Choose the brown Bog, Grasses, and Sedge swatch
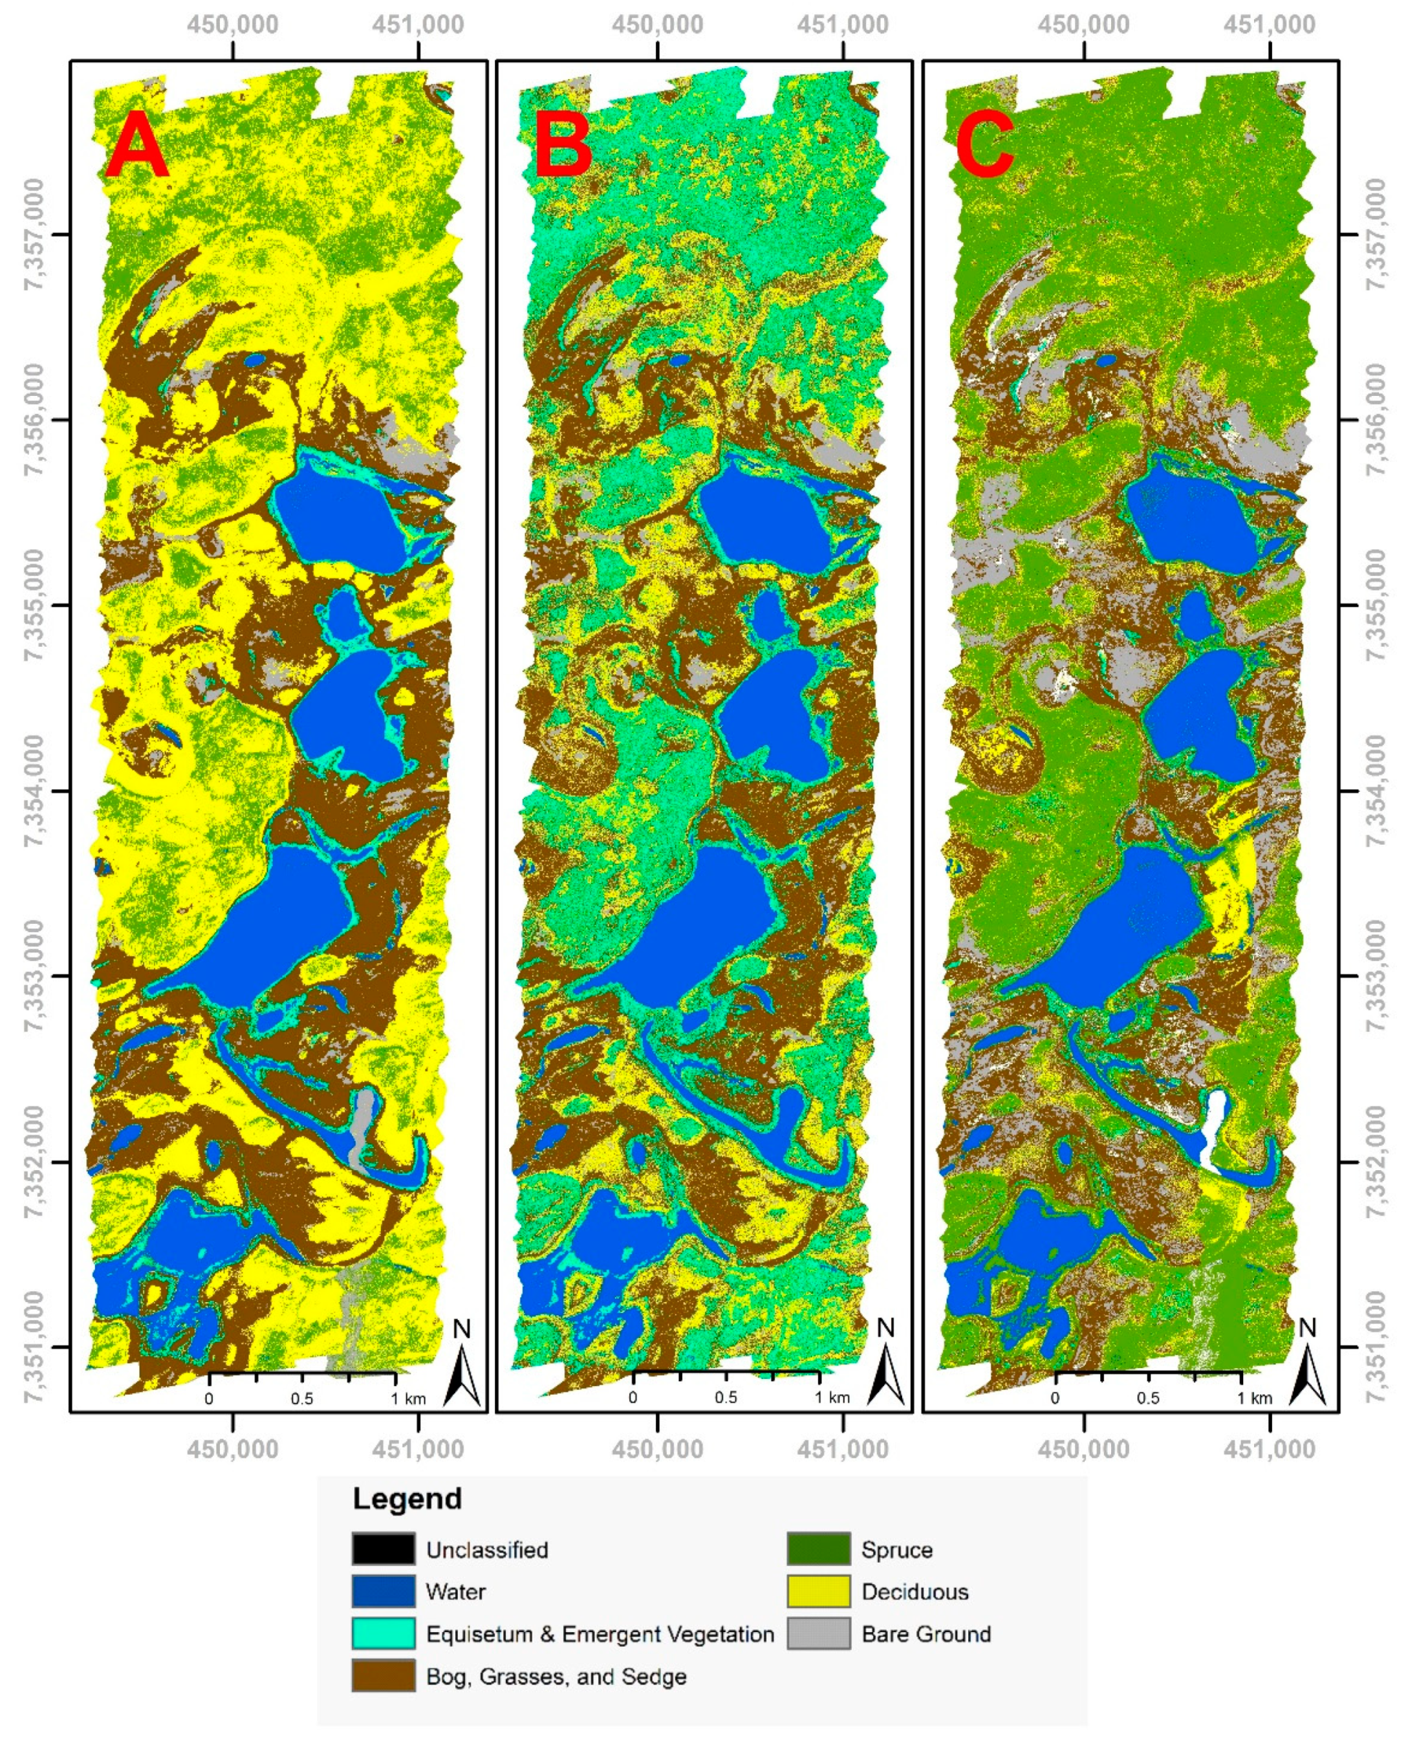pyautogui.click(x=383, y=1675)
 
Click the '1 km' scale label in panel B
pyautogui.click(x=832, y=1397)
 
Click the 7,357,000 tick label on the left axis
pyautogui.click(x=34, y=235)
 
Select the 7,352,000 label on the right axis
pyautogui.click(x=1376, y=1161)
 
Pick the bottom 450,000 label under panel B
pyautogui.click(x=657, y=1448)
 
